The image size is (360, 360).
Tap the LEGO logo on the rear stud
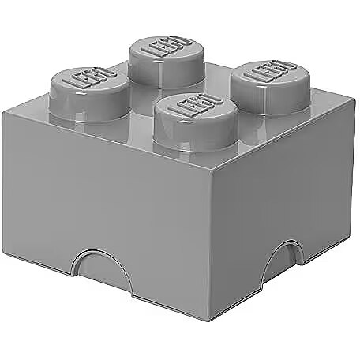167,47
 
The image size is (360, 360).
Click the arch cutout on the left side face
100,266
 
